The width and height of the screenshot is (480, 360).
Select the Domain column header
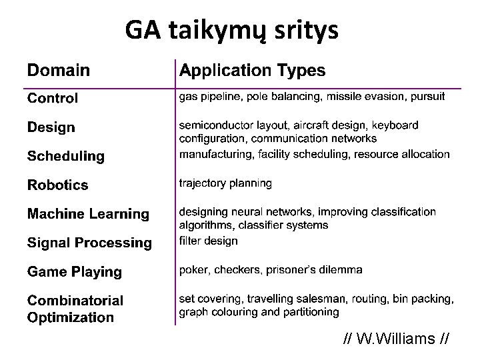point(59,70)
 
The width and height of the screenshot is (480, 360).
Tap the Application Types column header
point(253,70)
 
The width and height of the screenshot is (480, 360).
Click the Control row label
point(52,99)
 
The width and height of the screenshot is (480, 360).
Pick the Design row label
point(51,127)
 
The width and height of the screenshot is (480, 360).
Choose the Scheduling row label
point(65,157)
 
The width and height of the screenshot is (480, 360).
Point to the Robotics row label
point(57,185)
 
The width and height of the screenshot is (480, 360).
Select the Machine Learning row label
point(88,214)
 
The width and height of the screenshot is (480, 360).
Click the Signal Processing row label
point(89,243)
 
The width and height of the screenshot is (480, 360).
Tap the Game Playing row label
point(74,272)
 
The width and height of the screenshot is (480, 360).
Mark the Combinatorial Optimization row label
point(75,309)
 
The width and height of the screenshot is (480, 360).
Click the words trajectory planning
point(225,183)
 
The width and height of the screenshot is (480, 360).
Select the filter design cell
point(208,241)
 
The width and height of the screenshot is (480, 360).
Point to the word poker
point(193,270)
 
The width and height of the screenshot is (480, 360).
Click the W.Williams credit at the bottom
point(395,340)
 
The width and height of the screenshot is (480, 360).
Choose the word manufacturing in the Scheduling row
point(213,154)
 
